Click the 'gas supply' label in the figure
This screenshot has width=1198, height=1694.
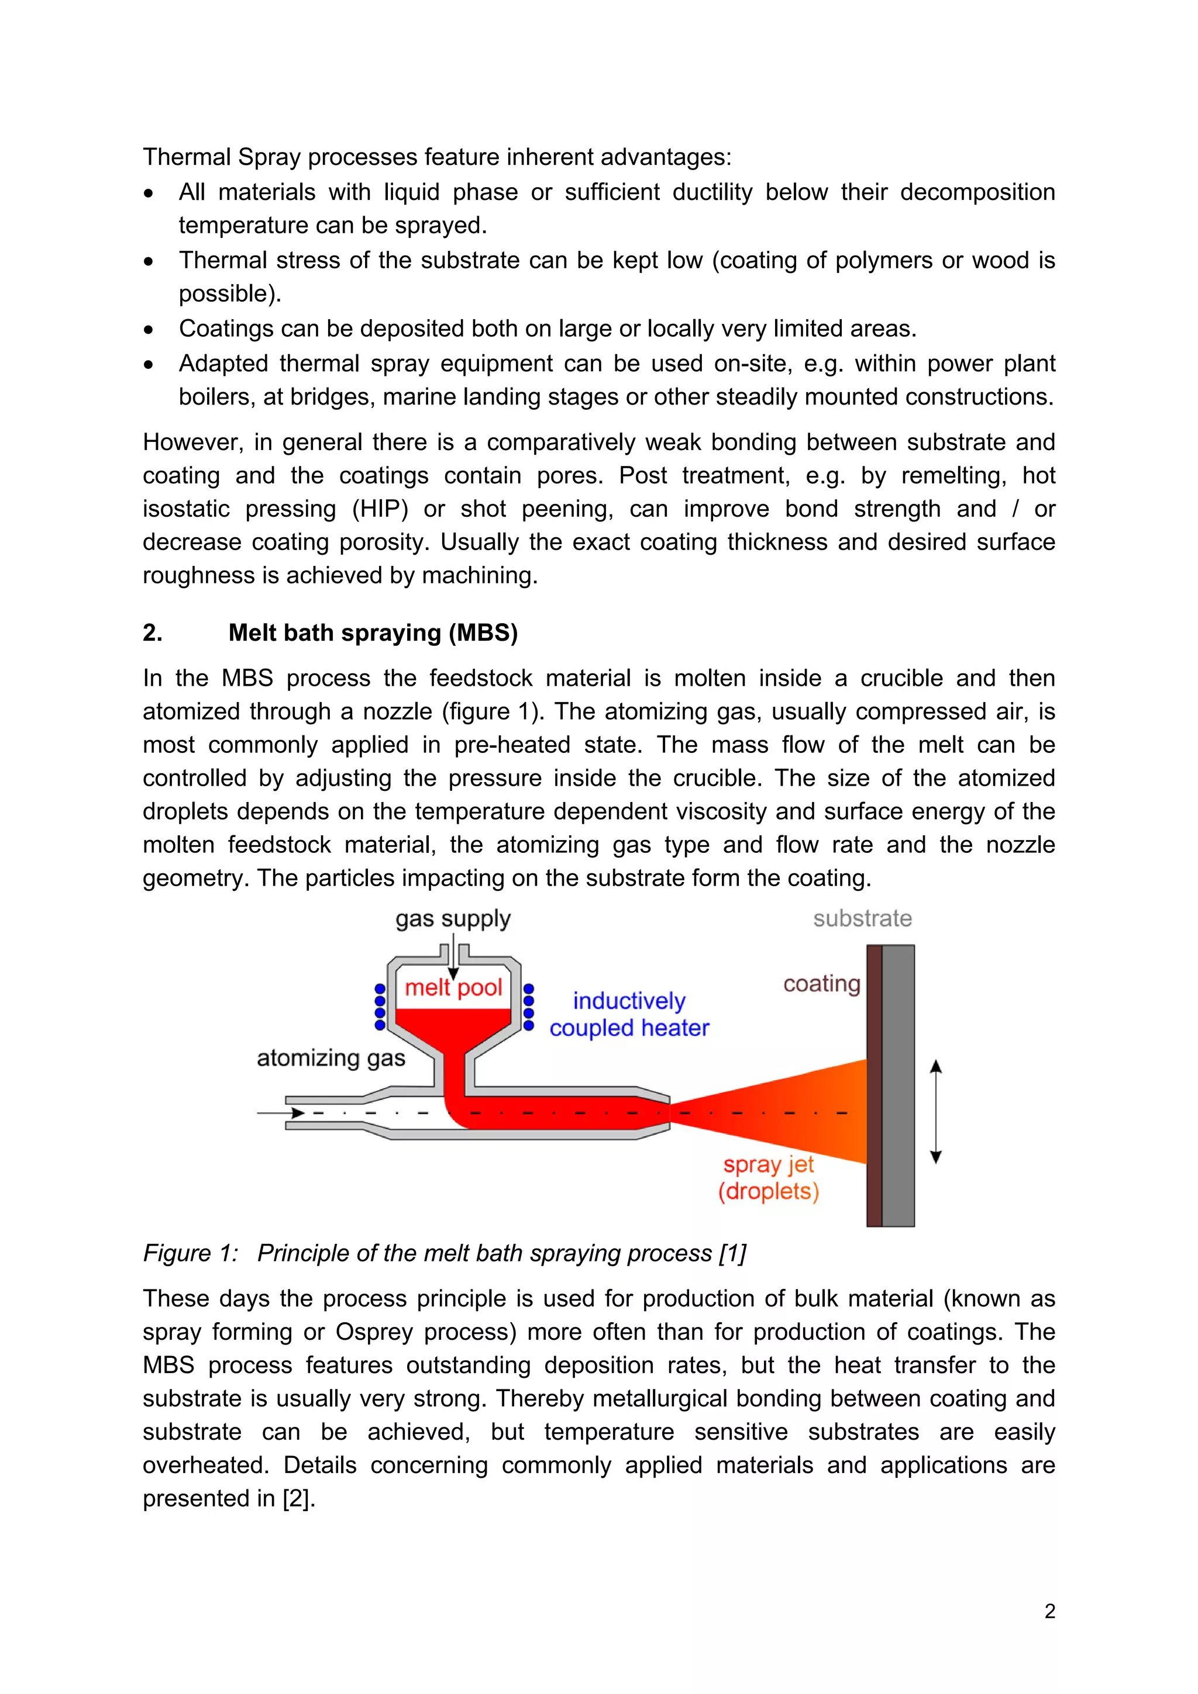pyautogui.click(x=453, y=919)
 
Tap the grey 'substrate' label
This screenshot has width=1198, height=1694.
pyautogui.click(x=862, y=918)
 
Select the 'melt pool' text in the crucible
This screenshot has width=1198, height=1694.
pyautogui.click(x=453, y=987)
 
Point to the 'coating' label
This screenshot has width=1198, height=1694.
pyautogui.click(x=821, y=984)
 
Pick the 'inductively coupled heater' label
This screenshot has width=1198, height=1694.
pyautogui.click(x=629, y=1015)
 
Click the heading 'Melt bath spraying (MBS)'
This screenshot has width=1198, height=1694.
pyautogui.click(x=373, y=633)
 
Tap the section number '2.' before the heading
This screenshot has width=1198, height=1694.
pyautogui.click(x=152, y=633)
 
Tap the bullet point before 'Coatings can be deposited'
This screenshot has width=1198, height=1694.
pyautogui.click(x=149, y=330)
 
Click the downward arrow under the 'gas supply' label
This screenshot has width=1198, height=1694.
pyautogui.click(x=453, y=959)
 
